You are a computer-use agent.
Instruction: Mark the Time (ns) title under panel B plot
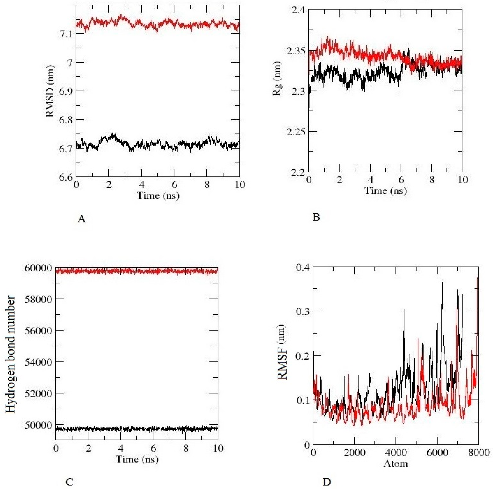(385, 191)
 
